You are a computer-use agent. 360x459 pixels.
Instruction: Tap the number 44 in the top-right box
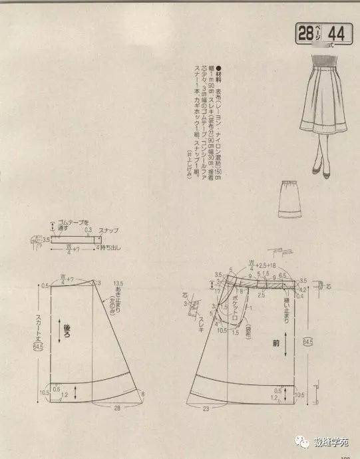coord(336,33)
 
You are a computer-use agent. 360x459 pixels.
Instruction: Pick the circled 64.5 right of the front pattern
coord(307,343)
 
